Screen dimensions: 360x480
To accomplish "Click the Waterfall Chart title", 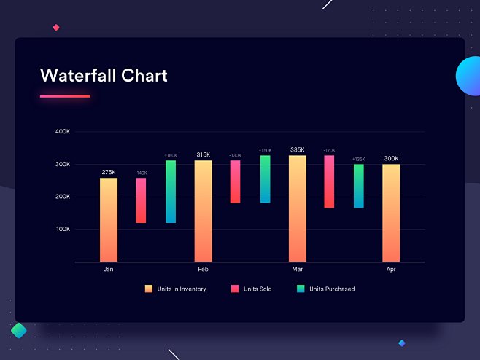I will (104, 76).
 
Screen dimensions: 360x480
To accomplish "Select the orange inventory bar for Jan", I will (109, 219).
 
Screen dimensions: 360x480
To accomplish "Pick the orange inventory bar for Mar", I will (298, 208).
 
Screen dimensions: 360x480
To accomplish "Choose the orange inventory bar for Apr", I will (391, 213).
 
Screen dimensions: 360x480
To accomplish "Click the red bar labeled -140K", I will (141, 200).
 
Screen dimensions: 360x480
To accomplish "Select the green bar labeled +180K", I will (171, 192).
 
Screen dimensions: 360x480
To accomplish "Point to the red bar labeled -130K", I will (235, 181).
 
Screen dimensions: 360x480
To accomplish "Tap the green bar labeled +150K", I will (265, 179).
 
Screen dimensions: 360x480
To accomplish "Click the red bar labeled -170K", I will (329, 181).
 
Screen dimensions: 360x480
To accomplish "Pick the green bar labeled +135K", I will (358, 186).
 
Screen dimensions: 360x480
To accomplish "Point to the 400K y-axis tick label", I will (63, 132).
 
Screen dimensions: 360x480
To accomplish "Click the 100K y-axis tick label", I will (63, 229).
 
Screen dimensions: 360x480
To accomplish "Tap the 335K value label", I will (298, 149).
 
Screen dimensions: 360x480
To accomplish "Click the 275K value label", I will (109, 172).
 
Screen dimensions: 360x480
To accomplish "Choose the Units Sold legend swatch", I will (235, 289).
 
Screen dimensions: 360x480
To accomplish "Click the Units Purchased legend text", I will (332, 289).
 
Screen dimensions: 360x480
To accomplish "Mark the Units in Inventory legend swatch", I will (149, 289).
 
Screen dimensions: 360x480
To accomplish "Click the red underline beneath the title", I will (65, 96).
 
